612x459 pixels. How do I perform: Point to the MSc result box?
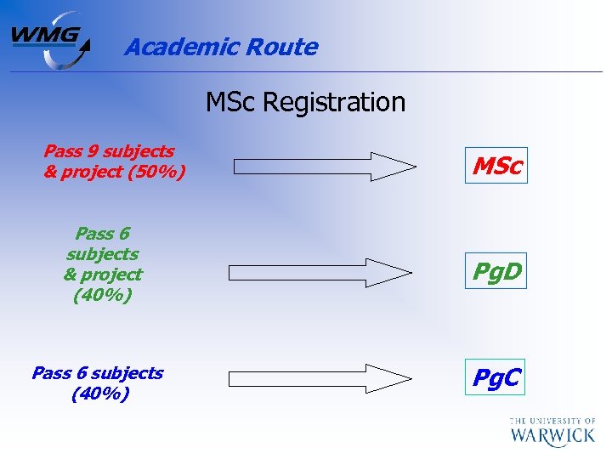coord(496,166)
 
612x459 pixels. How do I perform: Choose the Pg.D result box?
coord(497,273)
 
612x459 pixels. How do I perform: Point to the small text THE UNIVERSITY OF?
coord(553,420)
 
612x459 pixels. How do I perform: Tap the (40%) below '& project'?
coord(102,296)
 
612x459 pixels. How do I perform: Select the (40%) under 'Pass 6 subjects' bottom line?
coord(100,394)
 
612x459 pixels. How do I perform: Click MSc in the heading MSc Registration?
coord(231,103)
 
